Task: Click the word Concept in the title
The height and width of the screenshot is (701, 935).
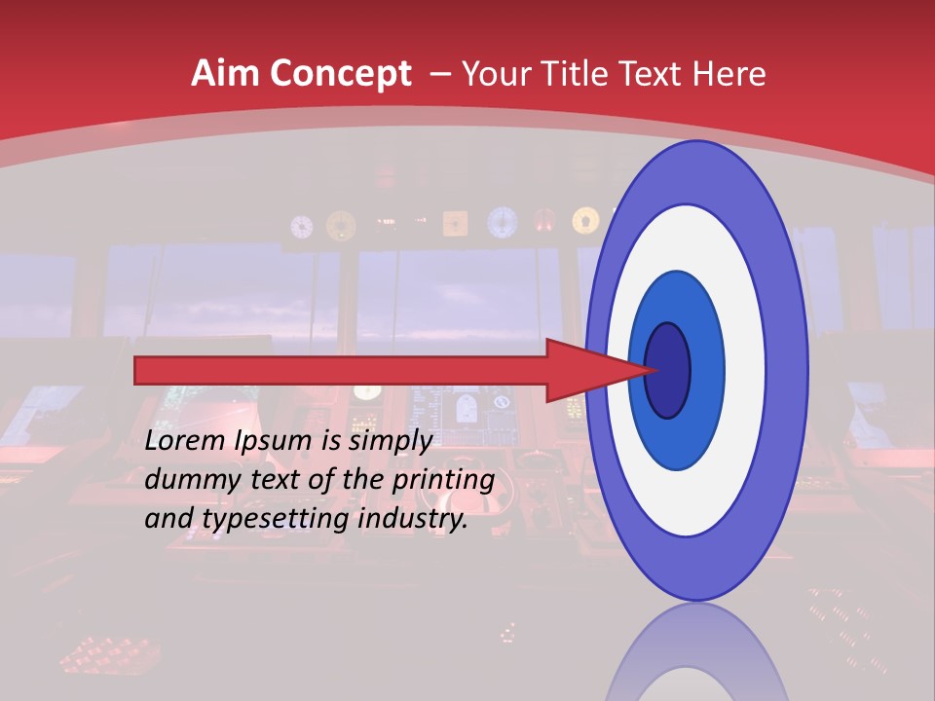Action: [340, 73]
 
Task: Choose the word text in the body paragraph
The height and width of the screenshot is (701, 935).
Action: [278, 479]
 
